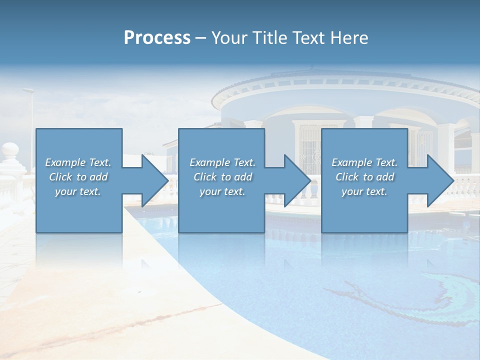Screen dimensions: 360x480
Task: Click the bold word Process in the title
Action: click(x=157, y=38)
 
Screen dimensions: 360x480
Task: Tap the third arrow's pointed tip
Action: click(x=453, y=180)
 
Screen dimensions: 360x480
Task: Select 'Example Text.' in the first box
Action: click(x=78, y=162)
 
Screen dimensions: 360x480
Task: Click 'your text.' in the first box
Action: click(x=78, y=191)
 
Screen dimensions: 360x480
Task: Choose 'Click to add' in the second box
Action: click(x=222, y=177)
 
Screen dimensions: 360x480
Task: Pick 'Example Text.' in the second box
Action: click(x=222, y=162)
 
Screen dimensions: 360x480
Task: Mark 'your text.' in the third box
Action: click(x=364, y=191)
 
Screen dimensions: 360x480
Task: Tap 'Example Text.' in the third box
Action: click(x=364, y=162)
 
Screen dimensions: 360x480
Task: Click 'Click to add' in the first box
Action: click(x=78, y=177)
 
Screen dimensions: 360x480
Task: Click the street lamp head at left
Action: click(x=28, y=90)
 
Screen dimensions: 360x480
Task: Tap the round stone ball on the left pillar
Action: click(x=10, y=149)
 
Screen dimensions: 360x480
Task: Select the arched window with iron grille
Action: click(x=310, y=145)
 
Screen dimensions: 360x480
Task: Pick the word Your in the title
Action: click(x=228, y=38)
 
